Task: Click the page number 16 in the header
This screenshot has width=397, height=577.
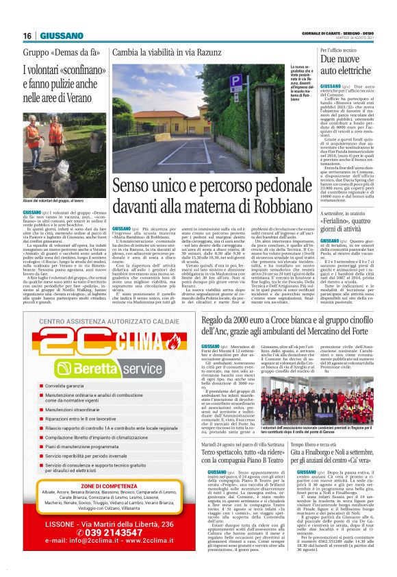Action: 27,36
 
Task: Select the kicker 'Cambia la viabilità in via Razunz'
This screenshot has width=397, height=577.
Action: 167,52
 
